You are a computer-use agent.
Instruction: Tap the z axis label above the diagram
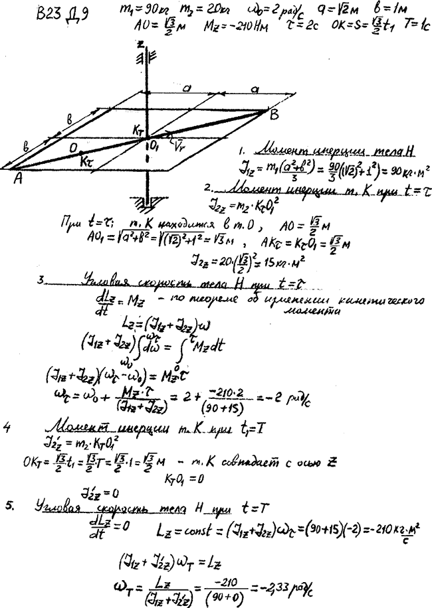tap(142, 44)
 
